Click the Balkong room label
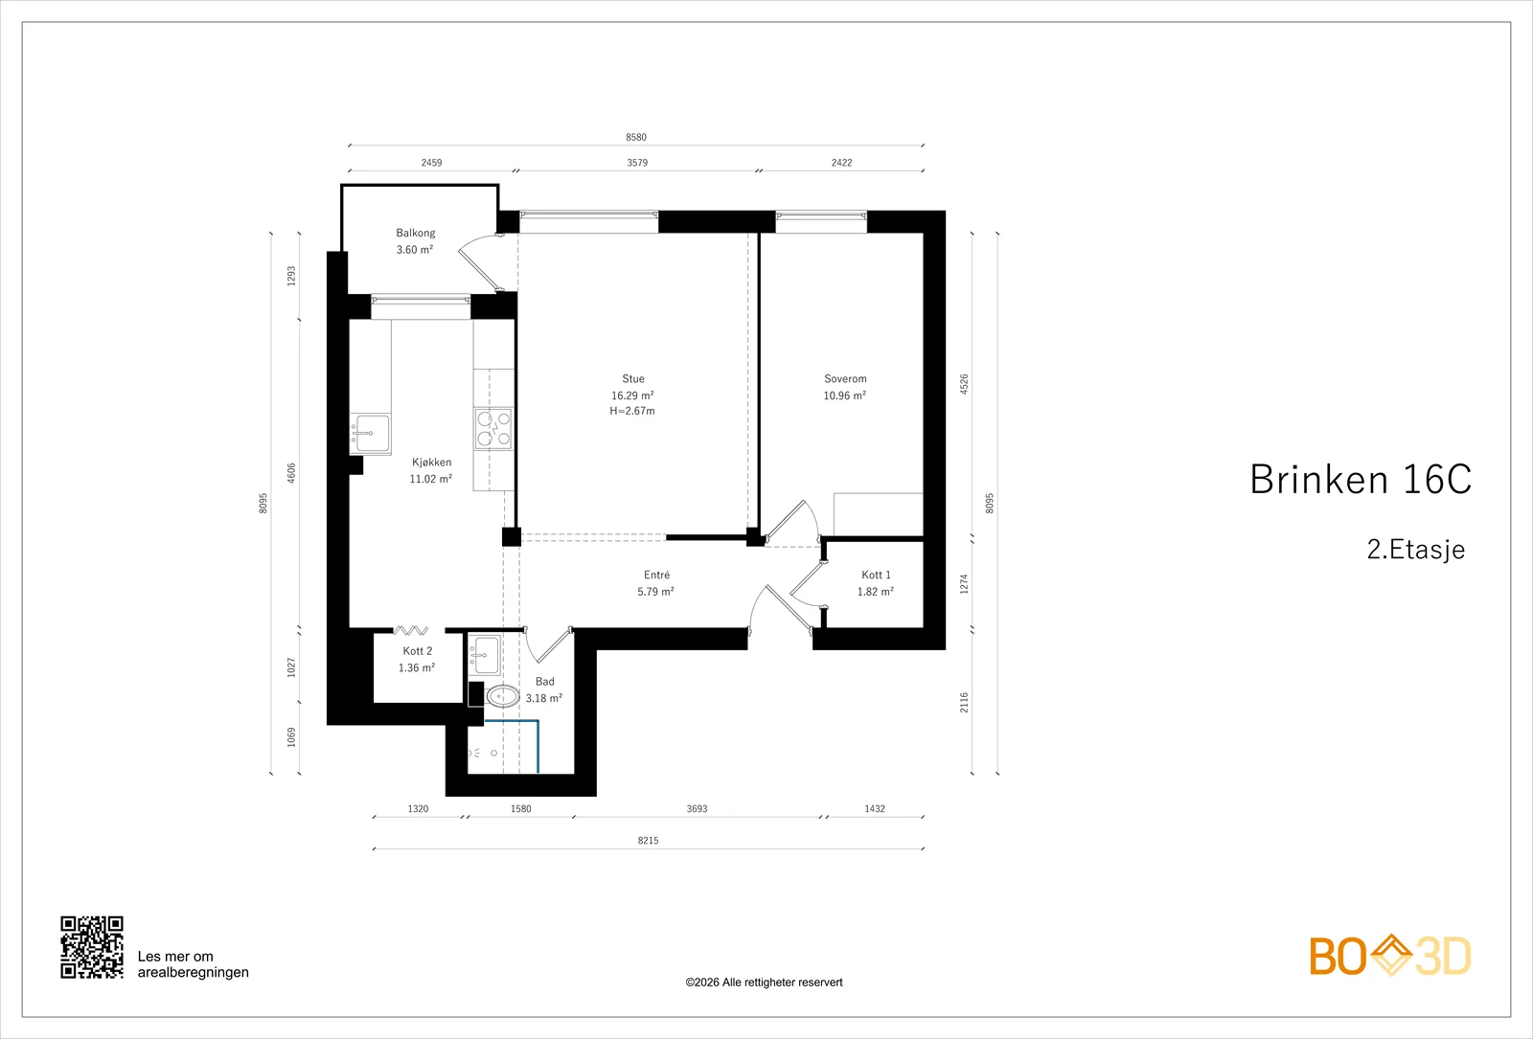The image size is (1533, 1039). (x=416, y=234)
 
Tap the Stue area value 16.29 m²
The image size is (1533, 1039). (x=632, y=395)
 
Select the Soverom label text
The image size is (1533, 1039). (x=845, y=379)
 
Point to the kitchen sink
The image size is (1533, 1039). (x=370, y=434)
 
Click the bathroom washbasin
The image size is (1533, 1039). (x=485, y=654)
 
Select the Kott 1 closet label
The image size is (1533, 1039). (x=876, y=576)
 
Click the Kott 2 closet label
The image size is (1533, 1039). (x=418, y=651)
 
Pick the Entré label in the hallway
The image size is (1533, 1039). (x=656, y=576)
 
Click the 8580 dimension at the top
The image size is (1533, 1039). (x=636, y=138)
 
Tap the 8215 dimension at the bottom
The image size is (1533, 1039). (x=648, y=841)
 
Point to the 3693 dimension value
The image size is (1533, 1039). (x=697, y=809)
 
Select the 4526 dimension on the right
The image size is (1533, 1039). (x=964, y=384)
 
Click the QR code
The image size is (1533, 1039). (x=92, y=947)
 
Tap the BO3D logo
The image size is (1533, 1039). (x=1390, y=956)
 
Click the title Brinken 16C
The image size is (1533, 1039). (x=1361, y=480)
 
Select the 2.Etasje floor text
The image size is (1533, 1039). (x=1416, y=550)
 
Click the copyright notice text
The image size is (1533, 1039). (x=764, y=983)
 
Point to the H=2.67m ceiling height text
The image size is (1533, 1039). (x=632, y=411)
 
